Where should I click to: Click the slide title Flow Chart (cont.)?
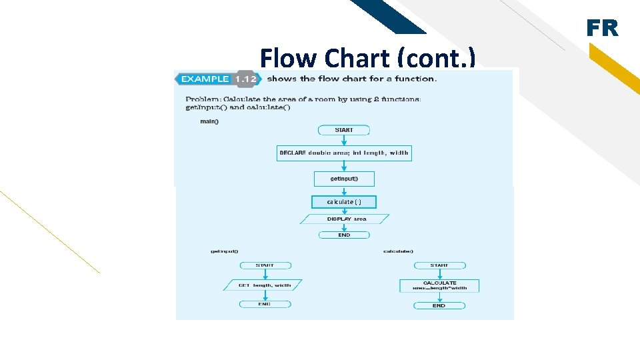tap(367, 57)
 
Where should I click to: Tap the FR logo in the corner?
tap(602, 29)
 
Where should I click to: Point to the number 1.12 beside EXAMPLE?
tap(245, 79)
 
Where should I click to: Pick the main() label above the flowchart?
tap(209, 121)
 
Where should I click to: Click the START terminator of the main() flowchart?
tap(344, 130)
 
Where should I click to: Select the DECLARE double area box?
tap(344, 153)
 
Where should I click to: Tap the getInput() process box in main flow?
tap(344, 179)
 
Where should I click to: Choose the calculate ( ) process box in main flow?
tap(344, 201)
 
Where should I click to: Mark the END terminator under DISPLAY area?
tap(344, 235)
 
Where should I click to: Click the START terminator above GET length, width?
tap(265, 265)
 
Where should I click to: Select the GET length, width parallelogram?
tap(264, 285)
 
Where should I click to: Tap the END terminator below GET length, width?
tap(265, 303)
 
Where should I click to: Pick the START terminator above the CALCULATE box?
tap(439, 265)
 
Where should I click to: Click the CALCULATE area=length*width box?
tap(439, 285)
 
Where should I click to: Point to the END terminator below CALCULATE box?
tap(439, 305)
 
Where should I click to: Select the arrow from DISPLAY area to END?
tap(344, 227)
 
